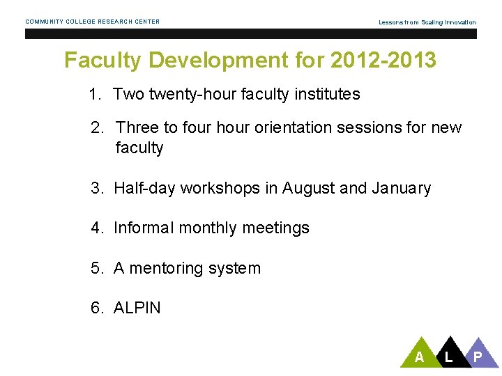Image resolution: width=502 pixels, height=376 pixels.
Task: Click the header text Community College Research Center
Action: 93,22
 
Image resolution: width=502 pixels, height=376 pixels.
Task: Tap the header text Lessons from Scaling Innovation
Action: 427,22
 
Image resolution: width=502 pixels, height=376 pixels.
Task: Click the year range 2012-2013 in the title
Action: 384,61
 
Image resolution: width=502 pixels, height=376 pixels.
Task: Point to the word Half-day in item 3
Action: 144,188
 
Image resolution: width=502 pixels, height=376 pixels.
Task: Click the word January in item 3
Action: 402,188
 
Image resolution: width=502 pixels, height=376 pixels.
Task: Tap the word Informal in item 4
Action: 142,228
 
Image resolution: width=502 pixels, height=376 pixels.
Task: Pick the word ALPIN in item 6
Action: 137,308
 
